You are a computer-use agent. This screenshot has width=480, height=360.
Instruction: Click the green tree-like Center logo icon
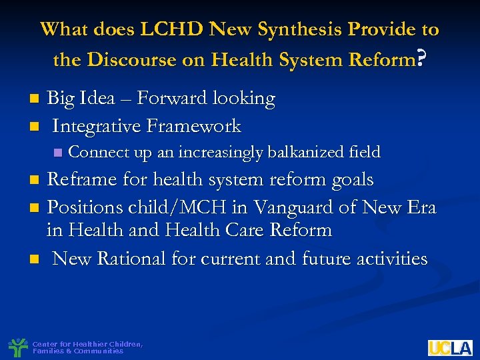tap(17, 347)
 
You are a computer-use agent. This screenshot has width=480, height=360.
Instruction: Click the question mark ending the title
tap(420, 61)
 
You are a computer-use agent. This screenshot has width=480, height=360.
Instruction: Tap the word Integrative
tap(97, 125)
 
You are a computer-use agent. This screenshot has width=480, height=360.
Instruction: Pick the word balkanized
tap(306, 153)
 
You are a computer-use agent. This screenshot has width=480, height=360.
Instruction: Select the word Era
tap(420, 207)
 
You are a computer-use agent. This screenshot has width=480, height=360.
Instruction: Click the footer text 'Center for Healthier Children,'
tap(87, 344)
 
